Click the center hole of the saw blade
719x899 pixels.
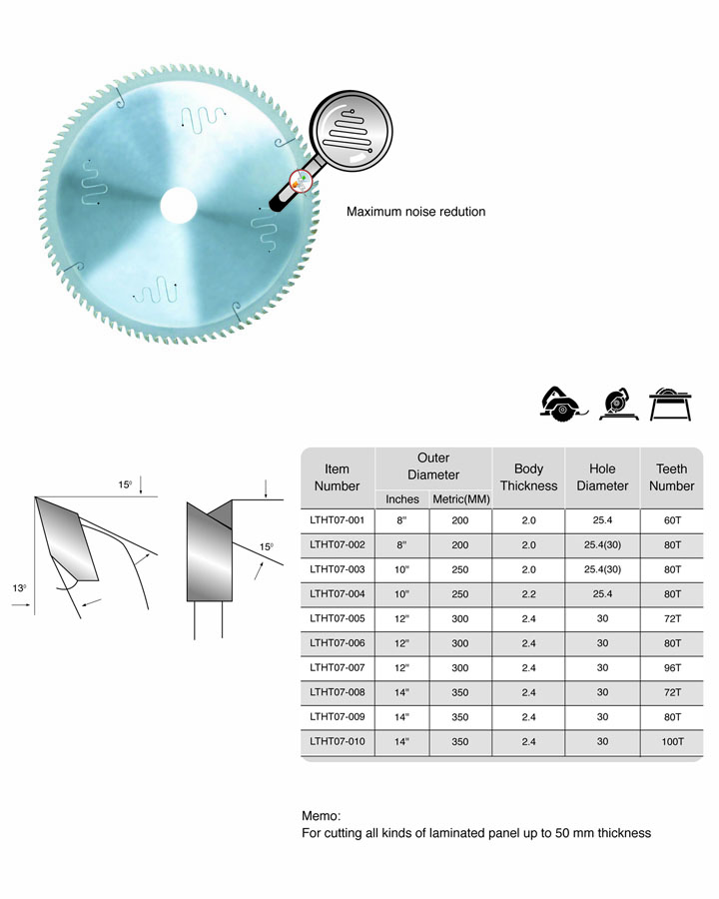coord(179,205)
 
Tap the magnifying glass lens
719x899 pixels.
coord(351,131)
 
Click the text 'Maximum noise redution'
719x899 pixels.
coord(415,212)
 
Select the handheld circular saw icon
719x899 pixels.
coord(563,405)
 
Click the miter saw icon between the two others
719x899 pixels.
coord(618,405)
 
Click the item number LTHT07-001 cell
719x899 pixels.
coord(338,520)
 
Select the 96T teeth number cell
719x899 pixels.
coord(672,668)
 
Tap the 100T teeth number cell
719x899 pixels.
coord(672,741)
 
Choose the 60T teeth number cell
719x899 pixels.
coord(672,520)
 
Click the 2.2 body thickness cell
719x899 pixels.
coord(528,594)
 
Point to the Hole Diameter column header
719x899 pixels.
coord(602,477)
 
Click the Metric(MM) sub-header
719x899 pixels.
coord(461,499)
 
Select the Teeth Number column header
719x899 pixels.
coord(671,477)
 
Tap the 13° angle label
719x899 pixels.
coord(19,588)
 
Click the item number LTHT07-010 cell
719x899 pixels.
coord(338,741)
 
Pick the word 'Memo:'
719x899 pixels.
coord(322,816)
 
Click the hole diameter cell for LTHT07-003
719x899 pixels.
coord(602,569)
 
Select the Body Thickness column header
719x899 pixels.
coord(528,477)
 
